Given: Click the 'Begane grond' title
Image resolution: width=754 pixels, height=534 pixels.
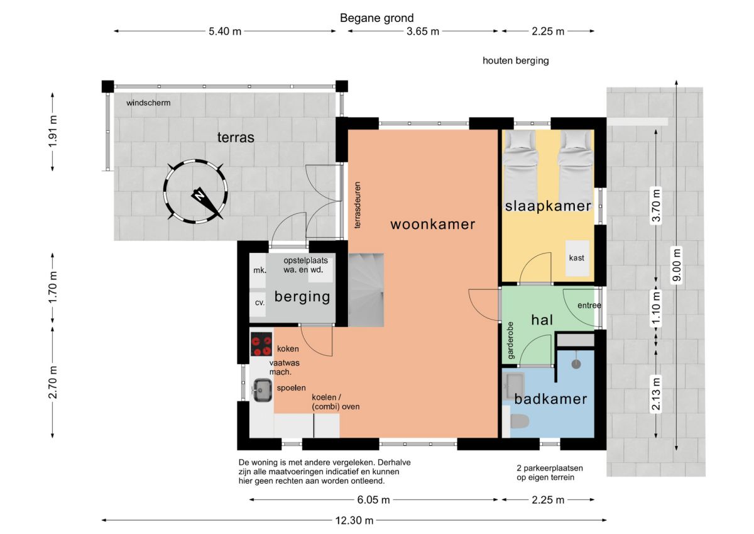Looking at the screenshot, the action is (x=376, y=18).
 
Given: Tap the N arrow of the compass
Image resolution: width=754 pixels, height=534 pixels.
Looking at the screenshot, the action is (x=207, y=202).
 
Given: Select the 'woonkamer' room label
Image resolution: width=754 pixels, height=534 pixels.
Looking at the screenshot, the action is (x=433, y=225).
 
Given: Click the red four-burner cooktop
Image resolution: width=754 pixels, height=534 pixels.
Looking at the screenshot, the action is (x=261, y=344).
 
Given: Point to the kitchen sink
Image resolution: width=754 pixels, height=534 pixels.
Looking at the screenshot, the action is (x=262, y=390).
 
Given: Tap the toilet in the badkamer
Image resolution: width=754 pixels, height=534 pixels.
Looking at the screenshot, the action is (x=520, y=421).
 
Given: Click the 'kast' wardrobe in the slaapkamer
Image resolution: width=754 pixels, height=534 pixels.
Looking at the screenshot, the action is (x=577, y=258).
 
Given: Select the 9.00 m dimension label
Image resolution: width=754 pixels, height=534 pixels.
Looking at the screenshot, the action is (x=677, y=265).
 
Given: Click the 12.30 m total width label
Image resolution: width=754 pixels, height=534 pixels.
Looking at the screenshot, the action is (x=354, y=521).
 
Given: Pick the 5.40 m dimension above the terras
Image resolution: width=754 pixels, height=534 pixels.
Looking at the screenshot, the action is (x=225, y=31).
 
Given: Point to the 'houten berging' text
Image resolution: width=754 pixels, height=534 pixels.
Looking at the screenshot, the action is (x=516, y=60).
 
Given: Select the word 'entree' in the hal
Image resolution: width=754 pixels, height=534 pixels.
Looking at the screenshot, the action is (x=589, y=305).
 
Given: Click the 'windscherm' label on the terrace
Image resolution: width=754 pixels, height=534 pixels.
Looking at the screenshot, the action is (x=148, y=103).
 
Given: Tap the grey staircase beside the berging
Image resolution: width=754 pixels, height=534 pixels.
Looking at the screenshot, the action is (x=366, y=290).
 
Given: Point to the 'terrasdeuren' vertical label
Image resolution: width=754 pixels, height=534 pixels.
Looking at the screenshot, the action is (x=357, y=205).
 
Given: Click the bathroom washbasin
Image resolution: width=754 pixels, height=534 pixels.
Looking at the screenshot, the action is (x=514, y=386).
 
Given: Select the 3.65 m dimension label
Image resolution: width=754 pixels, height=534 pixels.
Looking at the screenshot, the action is (x=423, y=31).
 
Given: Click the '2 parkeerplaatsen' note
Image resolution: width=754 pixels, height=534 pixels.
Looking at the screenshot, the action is (x=550, y=468).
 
